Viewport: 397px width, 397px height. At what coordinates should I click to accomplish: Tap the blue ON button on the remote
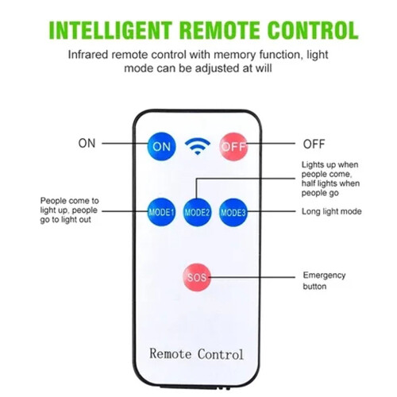pyautogui.click(x=161, y=146)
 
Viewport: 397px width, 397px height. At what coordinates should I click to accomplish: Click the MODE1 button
pyautogui.click(x=161, y=212)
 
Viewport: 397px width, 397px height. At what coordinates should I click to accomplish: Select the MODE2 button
pyautogui.click(x=197, y=212)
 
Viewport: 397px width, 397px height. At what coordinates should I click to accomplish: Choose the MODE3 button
pyautogui.click(x=233, y=212)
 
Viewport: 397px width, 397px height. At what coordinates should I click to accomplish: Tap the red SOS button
pyautogui.click(x=197, y=277)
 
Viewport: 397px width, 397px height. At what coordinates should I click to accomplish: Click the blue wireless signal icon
pyautogui.click(x=198, y=146)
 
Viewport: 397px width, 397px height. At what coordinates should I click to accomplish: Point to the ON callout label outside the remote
pyautogui.click(x=87, y=143)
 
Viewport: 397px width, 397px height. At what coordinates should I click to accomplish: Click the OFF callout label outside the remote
pyautogui.click(x=314, y=144)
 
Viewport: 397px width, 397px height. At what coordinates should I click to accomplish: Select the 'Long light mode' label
pyautogui.click(x=332, y=211)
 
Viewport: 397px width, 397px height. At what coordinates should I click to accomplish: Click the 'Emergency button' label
pyautogui.click(x=324, y=281)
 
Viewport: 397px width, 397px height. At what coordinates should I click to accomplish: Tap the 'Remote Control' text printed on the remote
pyautogui.click(x=196, y=354)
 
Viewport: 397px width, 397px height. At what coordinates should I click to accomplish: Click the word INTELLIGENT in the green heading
pyautogui.click(x=110, y=30)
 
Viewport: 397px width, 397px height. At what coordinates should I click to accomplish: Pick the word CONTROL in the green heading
pyautogui.click(x=313, y=30)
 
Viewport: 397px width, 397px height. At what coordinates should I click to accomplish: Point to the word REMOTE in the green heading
pyautogui.click(x=220, y=30)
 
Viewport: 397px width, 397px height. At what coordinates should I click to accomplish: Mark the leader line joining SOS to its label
pyautogui.click(x=252, y=277)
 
